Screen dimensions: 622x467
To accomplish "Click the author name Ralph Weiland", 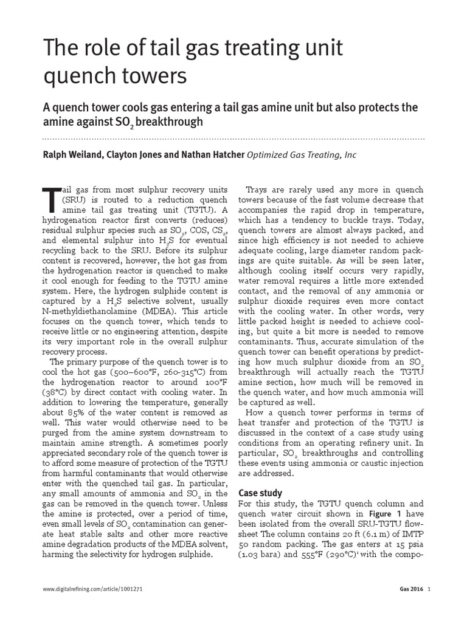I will coord(72,155).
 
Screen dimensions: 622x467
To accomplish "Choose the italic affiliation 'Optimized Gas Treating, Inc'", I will coord(301,155).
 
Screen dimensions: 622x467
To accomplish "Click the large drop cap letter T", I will coord(51,197).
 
